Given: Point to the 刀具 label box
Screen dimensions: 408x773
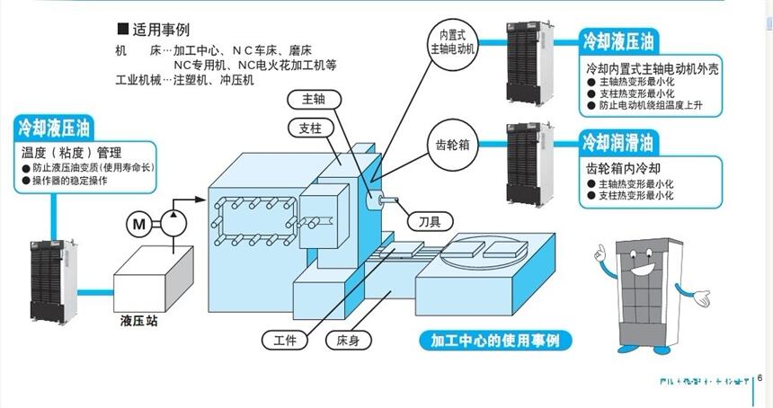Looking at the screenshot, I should pos(430,221).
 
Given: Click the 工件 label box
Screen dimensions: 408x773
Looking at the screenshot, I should pos(284,340).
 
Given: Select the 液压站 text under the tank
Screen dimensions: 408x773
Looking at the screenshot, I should pos(138,320).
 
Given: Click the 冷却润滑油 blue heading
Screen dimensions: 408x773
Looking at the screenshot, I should pos(618,142).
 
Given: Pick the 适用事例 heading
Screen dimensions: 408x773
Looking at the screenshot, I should pos(160,30).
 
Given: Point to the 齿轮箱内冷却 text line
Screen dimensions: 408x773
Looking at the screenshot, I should pos(625,168).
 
